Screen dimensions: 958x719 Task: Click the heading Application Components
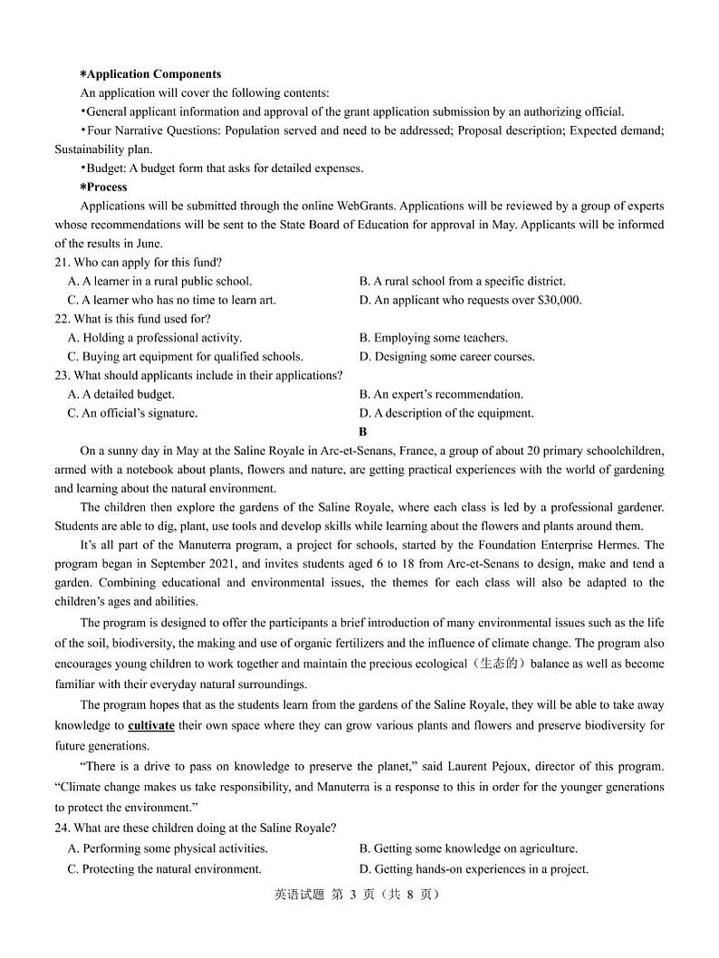tap(153, 74)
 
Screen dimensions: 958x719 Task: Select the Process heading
tap(106, 187)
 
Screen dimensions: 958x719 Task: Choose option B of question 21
tap(462, 282)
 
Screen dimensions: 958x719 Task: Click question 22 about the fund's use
tap(133, 319)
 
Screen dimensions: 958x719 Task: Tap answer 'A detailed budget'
tap(121, 395)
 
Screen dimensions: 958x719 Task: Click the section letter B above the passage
tap(363, 432)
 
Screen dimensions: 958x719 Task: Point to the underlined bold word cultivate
tap(151, 726)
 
